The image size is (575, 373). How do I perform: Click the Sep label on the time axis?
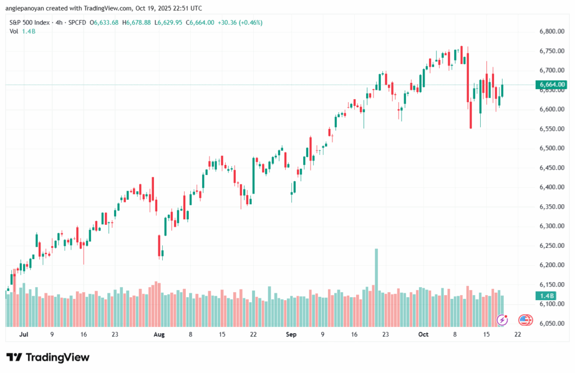tap(291, 334)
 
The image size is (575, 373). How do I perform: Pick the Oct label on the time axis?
tap(423, 334)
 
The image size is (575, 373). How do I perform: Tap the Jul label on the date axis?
tap(24, 334)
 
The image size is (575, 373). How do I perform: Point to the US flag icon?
tap(526, 320)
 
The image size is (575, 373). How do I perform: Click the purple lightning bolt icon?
tap(503, 320)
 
